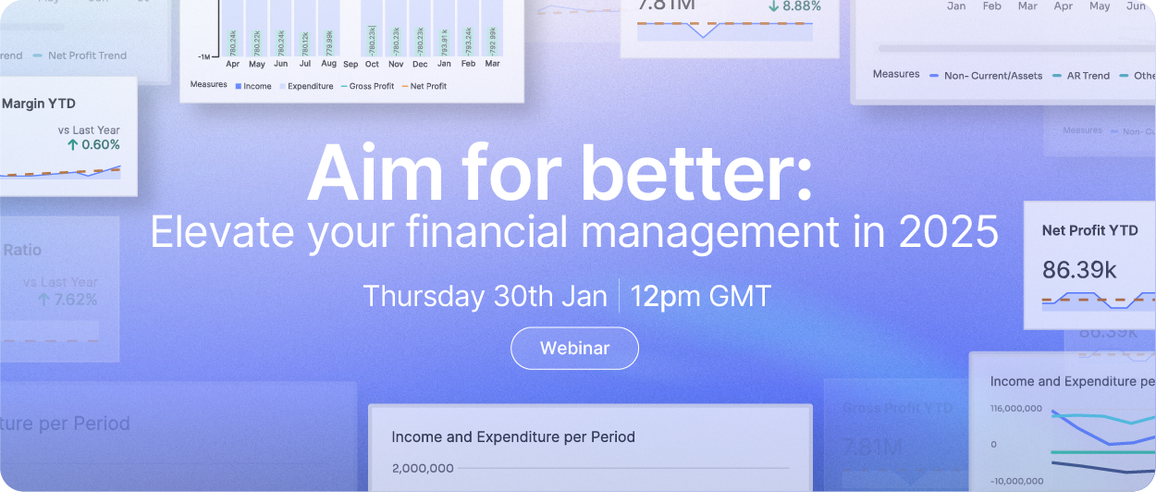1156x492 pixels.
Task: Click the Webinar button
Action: pyautogui.click(x=574, y=349)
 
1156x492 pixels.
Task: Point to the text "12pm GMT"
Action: pyautogui.click(x=701, y=297)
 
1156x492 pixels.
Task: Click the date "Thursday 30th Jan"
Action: pyautogui.click(x=485, y=297)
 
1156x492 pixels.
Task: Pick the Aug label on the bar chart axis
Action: pyautogui.click(x=329, y=64)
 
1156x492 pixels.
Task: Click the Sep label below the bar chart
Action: pyautogui.click(x=350, y=64)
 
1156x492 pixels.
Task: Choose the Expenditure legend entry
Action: pyautogui.click(x=310, y=86)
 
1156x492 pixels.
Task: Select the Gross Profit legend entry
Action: pyautogui.click(x=371, y=86)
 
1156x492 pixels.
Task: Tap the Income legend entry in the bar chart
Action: pyautogui.click(x=256, y=86)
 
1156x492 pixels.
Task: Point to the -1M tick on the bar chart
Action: pyautogui.click(x=204, y=56)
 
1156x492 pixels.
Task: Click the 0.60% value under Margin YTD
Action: pyautogui.click(x=100, y=144)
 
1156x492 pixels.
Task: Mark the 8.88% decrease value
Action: pyautogui.click(x=801, y=6)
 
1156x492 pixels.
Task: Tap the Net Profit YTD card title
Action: pyautogui.click(x=1089, y=230)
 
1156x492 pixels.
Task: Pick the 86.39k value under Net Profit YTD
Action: pyautogui.click(x=1078, y=270)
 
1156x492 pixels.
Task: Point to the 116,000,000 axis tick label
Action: pyautogui.click(x=1015, y=408)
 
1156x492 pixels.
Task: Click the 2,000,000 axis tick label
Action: pyautogui.click(x=422, y=468)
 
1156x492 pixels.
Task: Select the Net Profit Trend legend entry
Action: pyautogui.click(x=87, y=55)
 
